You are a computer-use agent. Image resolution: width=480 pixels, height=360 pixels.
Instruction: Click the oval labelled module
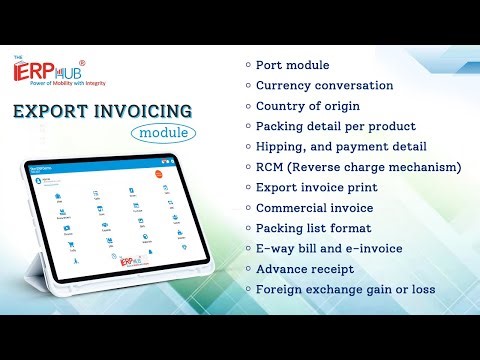click(x=162, y=131)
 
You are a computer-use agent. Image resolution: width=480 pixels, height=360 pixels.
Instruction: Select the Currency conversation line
click(x=325, y=85)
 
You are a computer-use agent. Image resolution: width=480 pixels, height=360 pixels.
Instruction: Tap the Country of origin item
click(x=308, y=105)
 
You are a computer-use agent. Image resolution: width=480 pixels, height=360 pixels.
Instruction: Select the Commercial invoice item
click(x=314, y=207)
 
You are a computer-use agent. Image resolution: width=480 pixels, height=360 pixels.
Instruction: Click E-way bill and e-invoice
click(x=329, y=248)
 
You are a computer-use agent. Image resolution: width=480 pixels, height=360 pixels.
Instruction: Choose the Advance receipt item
click(x=305, y=268)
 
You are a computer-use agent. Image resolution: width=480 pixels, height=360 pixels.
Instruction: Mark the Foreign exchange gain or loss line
click(x=347, y=288)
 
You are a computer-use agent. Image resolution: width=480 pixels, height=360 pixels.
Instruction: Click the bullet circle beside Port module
click(x=248, y=65)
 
